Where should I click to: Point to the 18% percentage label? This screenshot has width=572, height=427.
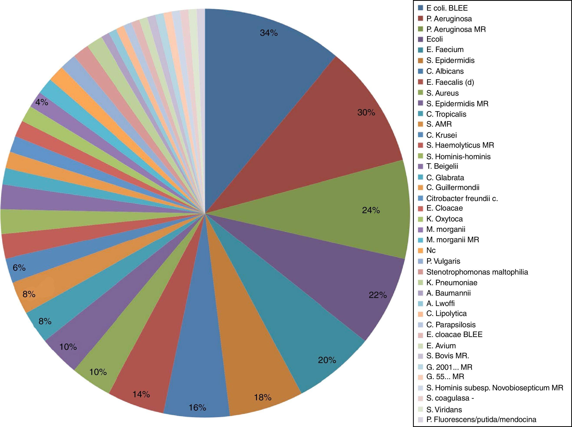[263, 397]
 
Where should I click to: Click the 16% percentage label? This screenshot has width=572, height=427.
[197, 408]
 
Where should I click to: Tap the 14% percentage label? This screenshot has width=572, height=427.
[141, 394]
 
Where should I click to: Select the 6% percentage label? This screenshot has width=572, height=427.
[19, 268]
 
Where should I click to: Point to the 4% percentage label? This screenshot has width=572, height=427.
[42, 102]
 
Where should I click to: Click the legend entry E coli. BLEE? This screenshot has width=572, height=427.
[447, 8]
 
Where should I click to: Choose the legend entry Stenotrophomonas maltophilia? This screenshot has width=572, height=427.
[477, 272]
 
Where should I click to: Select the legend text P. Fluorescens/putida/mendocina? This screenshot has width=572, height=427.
[481, 419]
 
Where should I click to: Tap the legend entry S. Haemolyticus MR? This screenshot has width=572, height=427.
[460, 145]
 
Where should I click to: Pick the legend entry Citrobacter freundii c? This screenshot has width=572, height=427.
[462, 198]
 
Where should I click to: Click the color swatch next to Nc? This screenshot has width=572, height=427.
[421, 250]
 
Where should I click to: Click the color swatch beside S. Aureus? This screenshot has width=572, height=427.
[421, 93]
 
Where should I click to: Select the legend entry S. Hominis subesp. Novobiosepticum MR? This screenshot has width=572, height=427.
[494, 388]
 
